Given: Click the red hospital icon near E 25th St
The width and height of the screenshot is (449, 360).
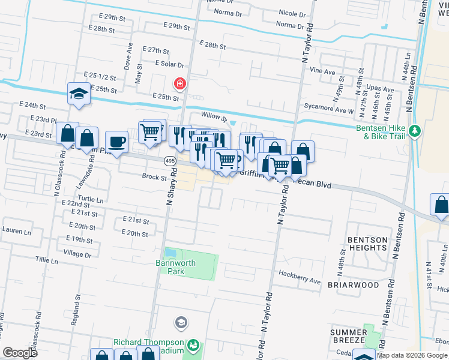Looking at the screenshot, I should coord(179,83).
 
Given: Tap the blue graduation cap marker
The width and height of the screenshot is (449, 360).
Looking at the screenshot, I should coord(79,94).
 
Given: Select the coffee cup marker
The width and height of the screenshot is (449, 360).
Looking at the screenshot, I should coord(116,142).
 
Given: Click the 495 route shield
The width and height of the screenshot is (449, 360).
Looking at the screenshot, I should coord(170,161).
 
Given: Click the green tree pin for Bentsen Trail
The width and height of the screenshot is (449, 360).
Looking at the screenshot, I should coord(414,130).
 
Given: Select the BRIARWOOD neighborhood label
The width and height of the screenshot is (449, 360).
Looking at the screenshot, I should coord(353,285).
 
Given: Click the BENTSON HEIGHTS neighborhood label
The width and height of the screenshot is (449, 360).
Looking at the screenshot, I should coord(367,244).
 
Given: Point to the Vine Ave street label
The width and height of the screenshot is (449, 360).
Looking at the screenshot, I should coord(322,71).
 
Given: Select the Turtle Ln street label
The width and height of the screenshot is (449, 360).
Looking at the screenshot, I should coord(91,199).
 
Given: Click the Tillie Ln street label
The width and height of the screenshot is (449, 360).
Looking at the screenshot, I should coord(46,261).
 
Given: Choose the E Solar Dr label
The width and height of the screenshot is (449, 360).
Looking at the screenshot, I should coord(169,64).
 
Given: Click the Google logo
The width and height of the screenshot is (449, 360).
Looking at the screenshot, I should coord(20,353).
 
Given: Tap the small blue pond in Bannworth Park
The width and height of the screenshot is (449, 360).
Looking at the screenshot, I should coord(171,254).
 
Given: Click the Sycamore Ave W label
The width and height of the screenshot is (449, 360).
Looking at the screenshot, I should coord(329,111).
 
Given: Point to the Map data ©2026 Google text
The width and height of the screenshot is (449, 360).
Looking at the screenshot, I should coord(411,355).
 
